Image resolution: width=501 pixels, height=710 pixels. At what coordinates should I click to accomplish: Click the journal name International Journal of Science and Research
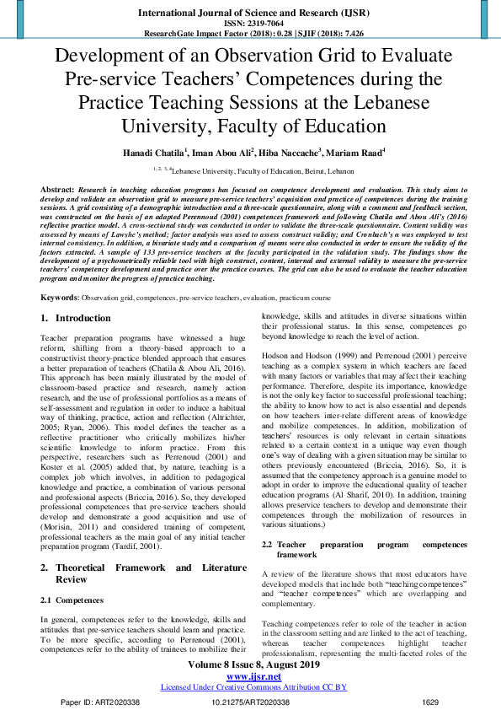250,12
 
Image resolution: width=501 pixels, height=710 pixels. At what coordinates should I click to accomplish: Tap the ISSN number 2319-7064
250,24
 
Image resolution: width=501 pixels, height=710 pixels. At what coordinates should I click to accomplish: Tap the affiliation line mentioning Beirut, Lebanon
250,169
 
